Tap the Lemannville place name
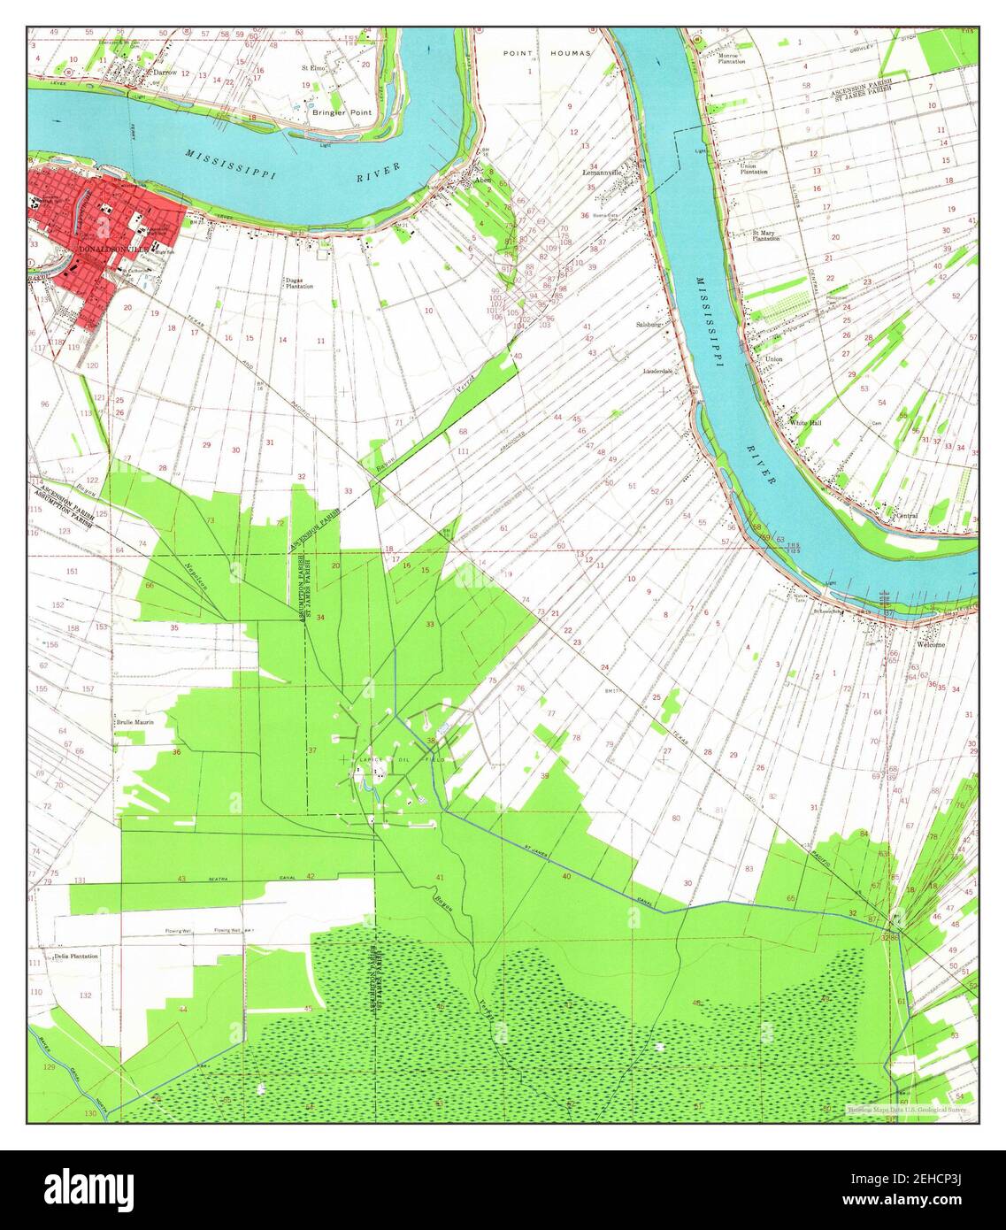click(604, 173)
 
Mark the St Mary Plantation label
click(765, 236)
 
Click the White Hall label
click(806, 423)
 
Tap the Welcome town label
click(931, 645)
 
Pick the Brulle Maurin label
click(134, 722)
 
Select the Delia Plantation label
click(76, 957)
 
